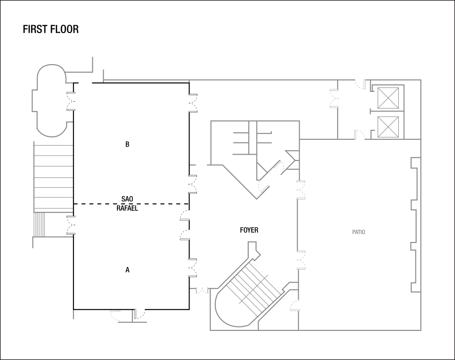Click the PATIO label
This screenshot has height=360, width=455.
pos(359,232)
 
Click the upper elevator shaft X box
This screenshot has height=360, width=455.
pos(388,98)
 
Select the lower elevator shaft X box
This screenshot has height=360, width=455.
pos(388,127)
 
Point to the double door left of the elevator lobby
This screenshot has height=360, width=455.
pos(334,98)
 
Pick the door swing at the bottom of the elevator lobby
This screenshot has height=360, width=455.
pos(359,134)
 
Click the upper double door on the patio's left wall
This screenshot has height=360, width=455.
pos(301,190)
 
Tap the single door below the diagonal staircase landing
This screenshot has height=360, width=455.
pos(295,306)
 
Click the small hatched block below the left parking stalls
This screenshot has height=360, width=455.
pos(39,224)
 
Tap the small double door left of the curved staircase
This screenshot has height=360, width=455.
pos(202,291)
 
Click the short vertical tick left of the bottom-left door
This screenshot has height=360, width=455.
pos(73,314)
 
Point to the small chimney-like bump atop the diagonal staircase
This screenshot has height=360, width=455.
pos(253,248)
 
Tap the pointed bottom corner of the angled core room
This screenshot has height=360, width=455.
pos(257,199)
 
